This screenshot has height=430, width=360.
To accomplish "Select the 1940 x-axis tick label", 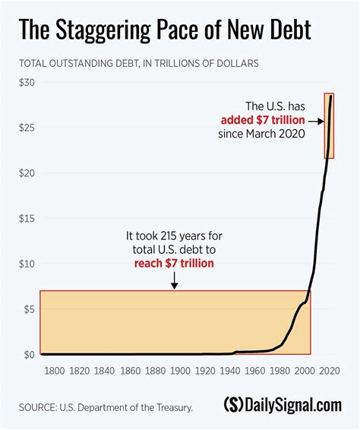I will (x=230, y=372).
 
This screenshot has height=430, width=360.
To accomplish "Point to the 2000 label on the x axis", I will (x=304, y=372).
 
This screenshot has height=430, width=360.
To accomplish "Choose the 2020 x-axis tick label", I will (x=329, y=372).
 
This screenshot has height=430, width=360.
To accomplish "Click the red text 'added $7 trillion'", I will (x=262, y=120).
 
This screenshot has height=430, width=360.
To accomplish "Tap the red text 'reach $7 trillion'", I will (x=175, y=263).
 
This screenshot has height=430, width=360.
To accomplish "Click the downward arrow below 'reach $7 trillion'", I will (x=175, y=281).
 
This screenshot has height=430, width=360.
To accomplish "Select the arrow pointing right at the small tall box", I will (x=316, y=120).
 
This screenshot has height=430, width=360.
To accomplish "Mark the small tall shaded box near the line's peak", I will (x=330, y=125).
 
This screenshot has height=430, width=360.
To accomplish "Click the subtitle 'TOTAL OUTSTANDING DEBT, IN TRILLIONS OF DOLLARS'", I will (x=138, y=64).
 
